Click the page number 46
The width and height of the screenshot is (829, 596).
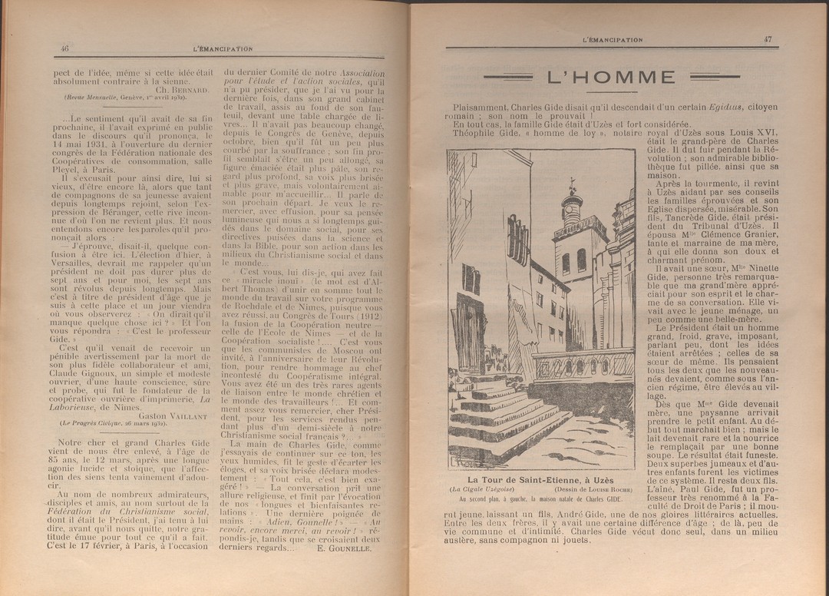64,48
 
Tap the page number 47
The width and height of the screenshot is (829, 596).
768,39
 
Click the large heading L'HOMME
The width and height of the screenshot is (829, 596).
611,78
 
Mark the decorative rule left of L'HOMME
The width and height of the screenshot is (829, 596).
510,77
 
